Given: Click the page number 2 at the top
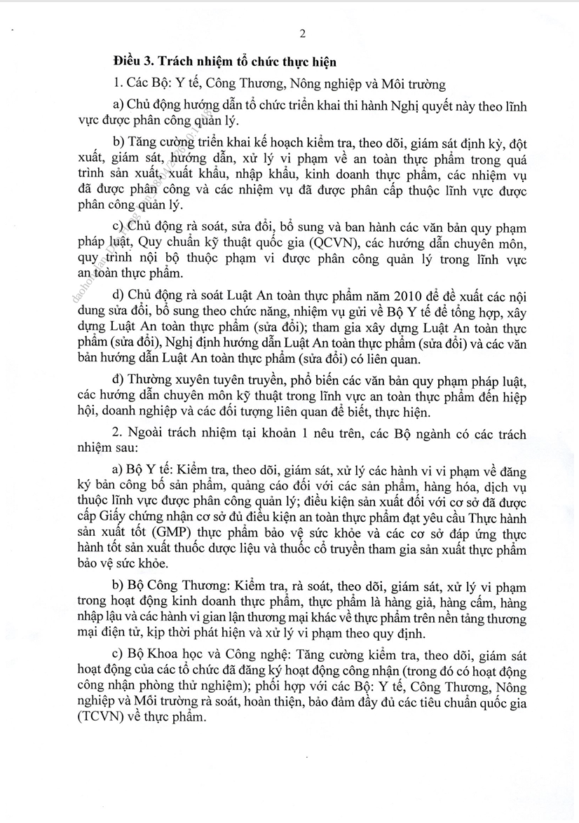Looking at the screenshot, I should pyautogui.click(x=302, y=33).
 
